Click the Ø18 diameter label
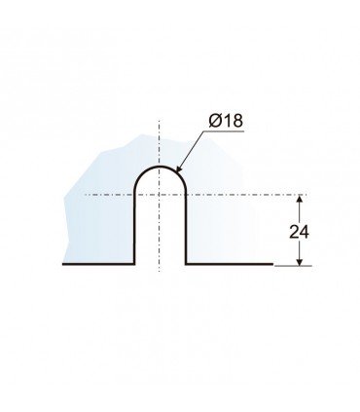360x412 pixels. (226, 121)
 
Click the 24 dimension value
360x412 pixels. (299, 232)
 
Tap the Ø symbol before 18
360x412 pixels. (215, 121)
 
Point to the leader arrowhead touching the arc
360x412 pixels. (178, 168)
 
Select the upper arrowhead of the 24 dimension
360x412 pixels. (300, 199)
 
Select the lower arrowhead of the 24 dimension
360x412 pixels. (300, 261)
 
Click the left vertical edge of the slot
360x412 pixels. (134, 227)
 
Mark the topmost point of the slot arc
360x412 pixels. (160, 167)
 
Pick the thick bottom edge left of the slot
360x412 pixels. (98, 264)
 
